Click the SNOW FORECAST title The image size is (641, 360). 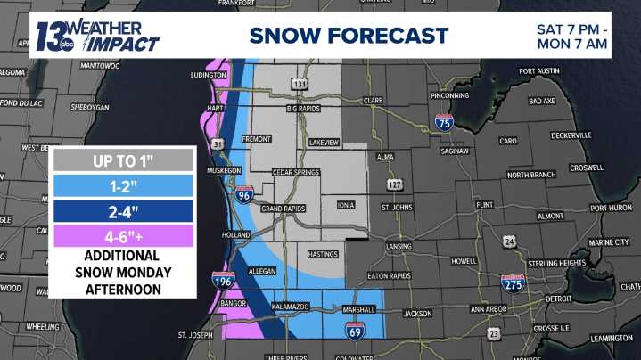click(348, 36)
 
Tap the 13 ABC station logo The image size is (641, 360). click(52, 37)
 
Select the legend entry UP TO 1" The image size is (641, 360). click(123, 161)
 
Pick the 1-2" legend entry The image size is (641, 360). click(123, 186)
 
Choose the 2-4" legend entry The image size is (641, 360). click(123, 212)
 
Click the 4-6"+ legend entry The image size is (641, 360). click(123, 237)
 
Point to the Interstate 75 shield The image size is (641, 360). click(444, 124)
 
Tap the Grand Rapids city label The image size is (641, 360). click(284, 209)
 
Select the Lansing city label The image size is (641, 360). click(399, 247)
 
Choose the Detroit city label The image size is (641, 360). click(558, 299)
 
